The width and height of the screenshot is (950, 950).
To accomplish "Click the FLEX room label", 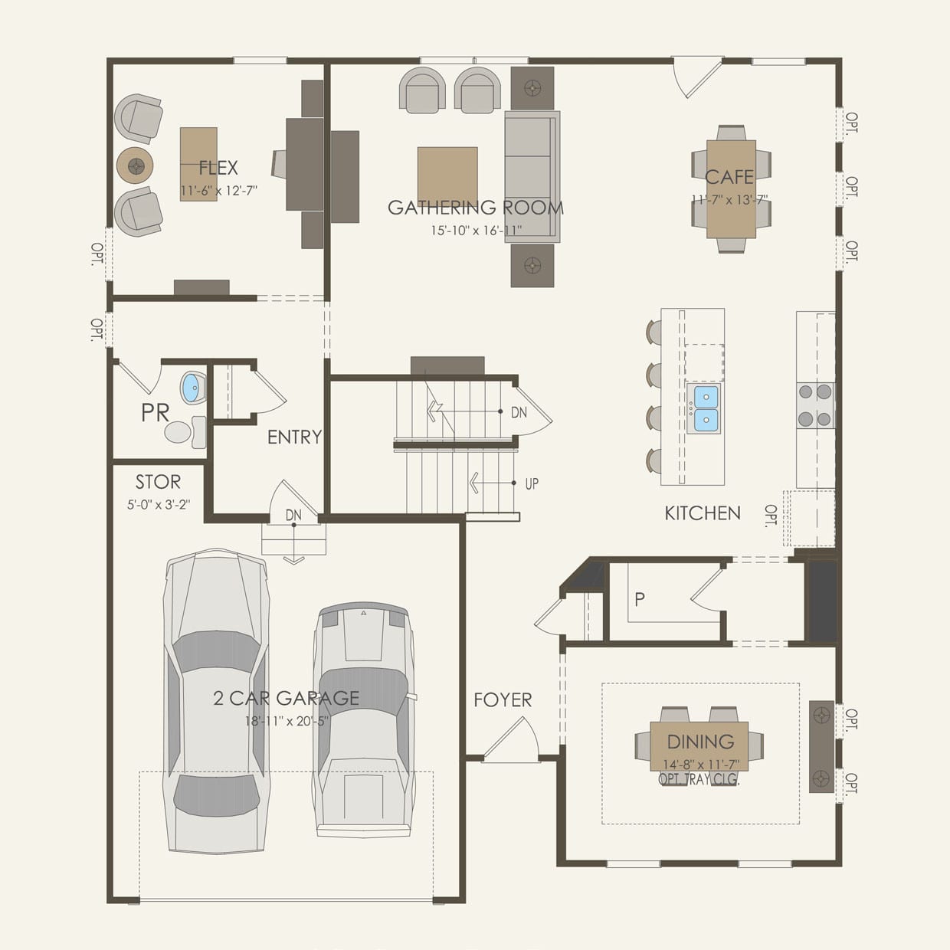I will click(x=218, y=168).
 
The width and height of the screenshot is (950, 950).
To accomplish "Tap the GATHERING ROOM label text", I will click(x=475, y=208).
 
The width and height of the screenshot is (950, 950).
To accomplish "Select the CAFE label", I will click(x=729, y=177).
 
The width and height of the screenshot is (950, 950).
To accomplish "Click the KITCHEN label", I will click(x=703, y=513).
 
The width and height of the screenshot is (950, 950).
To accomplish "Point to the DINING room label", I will click(x=700, y=742).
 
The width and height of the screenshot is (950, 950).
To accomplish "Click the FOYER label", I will click(x=503, y=699).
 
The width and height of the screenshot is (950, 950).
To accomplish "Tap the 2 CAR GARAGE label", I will click(x=286, y=698).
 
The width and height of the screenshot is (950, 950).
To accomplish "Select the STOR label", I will click(x=158, y=482).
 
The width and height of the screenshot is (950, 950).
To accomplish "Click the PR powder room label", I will click(x=155, y=413).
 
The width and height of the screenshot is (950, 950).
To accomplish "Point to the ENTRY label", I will click(x=294, y=437).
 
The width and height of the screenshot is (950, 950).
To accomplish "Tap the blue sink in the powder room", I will click(x=193, y=388).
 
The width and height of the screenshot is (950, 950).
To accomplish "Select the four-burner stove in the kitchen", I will click(x=815, y=406).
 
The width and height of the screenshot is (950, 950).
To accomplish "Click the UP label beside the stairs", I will click(x=532, y=483).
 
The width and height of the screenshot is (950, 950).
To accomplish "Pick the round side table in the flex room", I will click(x=135, y=165).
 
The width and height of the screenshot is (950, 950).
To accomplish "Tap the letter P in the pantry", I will click(x=640, y=599).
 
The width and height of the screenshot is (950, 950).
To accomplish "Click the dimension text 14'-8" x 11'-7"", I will click(x=701, y=765).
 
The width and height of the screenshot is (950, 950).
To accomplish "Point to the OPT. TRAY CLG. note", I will click(x=699, y=779).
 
